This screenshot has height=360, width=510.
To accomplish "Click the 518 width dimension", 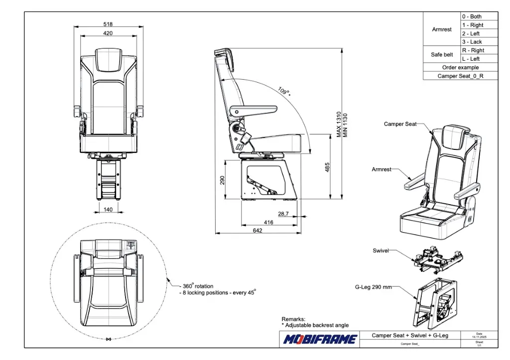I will (108, 24).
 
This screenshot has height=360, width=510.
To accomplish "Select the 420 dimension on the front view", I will (108, 33).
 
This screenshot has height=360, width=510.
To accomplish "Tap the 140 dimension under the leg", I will (108, 210).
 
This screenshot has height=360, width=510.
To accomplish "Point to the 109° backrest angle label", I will (283, 91).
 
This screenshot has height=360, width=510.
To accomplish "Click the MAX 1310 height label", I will (339, 124).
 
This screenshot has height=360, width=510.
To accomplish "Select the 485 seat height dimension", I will (327, 167).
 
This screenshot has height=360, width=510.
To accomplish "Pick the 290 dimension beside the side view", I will (223, 179).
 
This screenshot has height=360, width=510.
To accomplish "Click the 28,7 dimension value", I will (283, 214).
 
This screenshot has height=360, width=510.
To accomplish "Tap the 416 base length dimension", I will (268, 223).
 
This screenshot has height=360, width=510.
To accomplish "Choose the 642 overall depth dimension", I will (257, 231).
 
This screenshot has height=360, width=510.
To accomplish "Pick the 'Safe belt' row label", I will (442, 55).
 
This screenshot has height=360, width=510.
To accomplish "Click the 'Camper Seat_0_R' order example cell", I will (460, 76).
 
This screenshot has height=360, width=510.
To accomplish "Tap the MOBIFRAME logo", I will (320, 340).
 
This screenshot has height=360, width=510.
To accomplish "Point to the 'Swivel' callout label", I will (381, 250).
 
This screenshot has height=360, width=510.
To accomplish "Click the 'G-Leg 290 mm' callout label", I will (373, 287).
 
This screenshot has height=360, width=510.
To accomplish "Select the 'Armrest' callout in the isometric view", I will (382, 169).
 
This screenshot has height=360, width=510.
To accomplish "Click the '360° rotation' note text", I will (198, 286).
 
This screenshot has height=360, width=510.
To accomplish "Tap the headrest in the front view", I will (108, 60).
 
